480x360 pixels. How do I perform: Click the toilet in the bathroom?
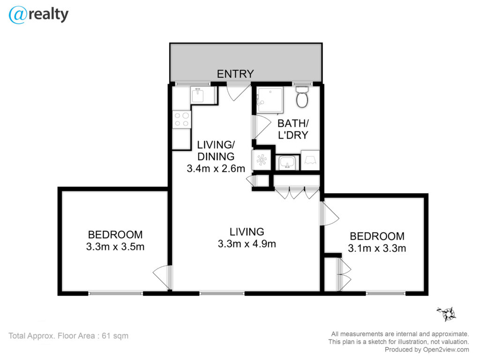(302, 97)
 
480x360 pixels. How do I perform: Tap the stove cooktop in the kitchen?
(181, 120)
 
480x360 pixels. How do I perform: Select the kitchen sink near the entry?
(198, 95)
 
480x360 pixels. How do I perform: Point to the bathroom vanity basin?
(287, 163)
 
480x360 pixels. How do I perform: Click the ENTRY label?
(235, 74)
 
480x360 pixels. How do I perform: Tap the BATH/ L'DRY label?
(293, 129)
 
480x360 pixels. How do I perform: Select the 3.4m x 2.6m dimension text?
(216, 168)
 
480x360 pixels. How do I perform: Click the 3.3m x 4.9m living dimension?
(247, 244)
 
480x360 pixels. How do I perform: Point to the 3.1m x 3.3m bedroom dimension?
(377, 248)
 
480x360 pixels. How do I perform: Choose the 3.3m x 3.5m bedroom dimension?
(115, 247)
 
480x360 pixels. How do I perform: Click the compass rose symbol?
(447, 314)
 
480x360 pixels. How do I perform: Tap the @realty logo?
(38, 15)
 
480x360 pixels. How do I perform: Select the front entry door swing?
(239, 92)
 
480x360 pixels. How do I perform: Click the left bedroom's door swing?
(162, 277)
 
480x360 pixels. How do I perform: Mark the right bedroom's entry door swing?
(330, 214)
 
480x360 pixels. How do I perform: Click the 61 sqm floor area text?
(115, 336)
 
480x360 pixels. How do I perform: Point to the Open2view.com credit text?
(446, 350)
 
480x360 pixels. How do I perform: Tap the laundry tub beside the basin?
(310, 160)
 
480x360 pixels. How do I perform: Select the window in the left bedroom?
(115, 293)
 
